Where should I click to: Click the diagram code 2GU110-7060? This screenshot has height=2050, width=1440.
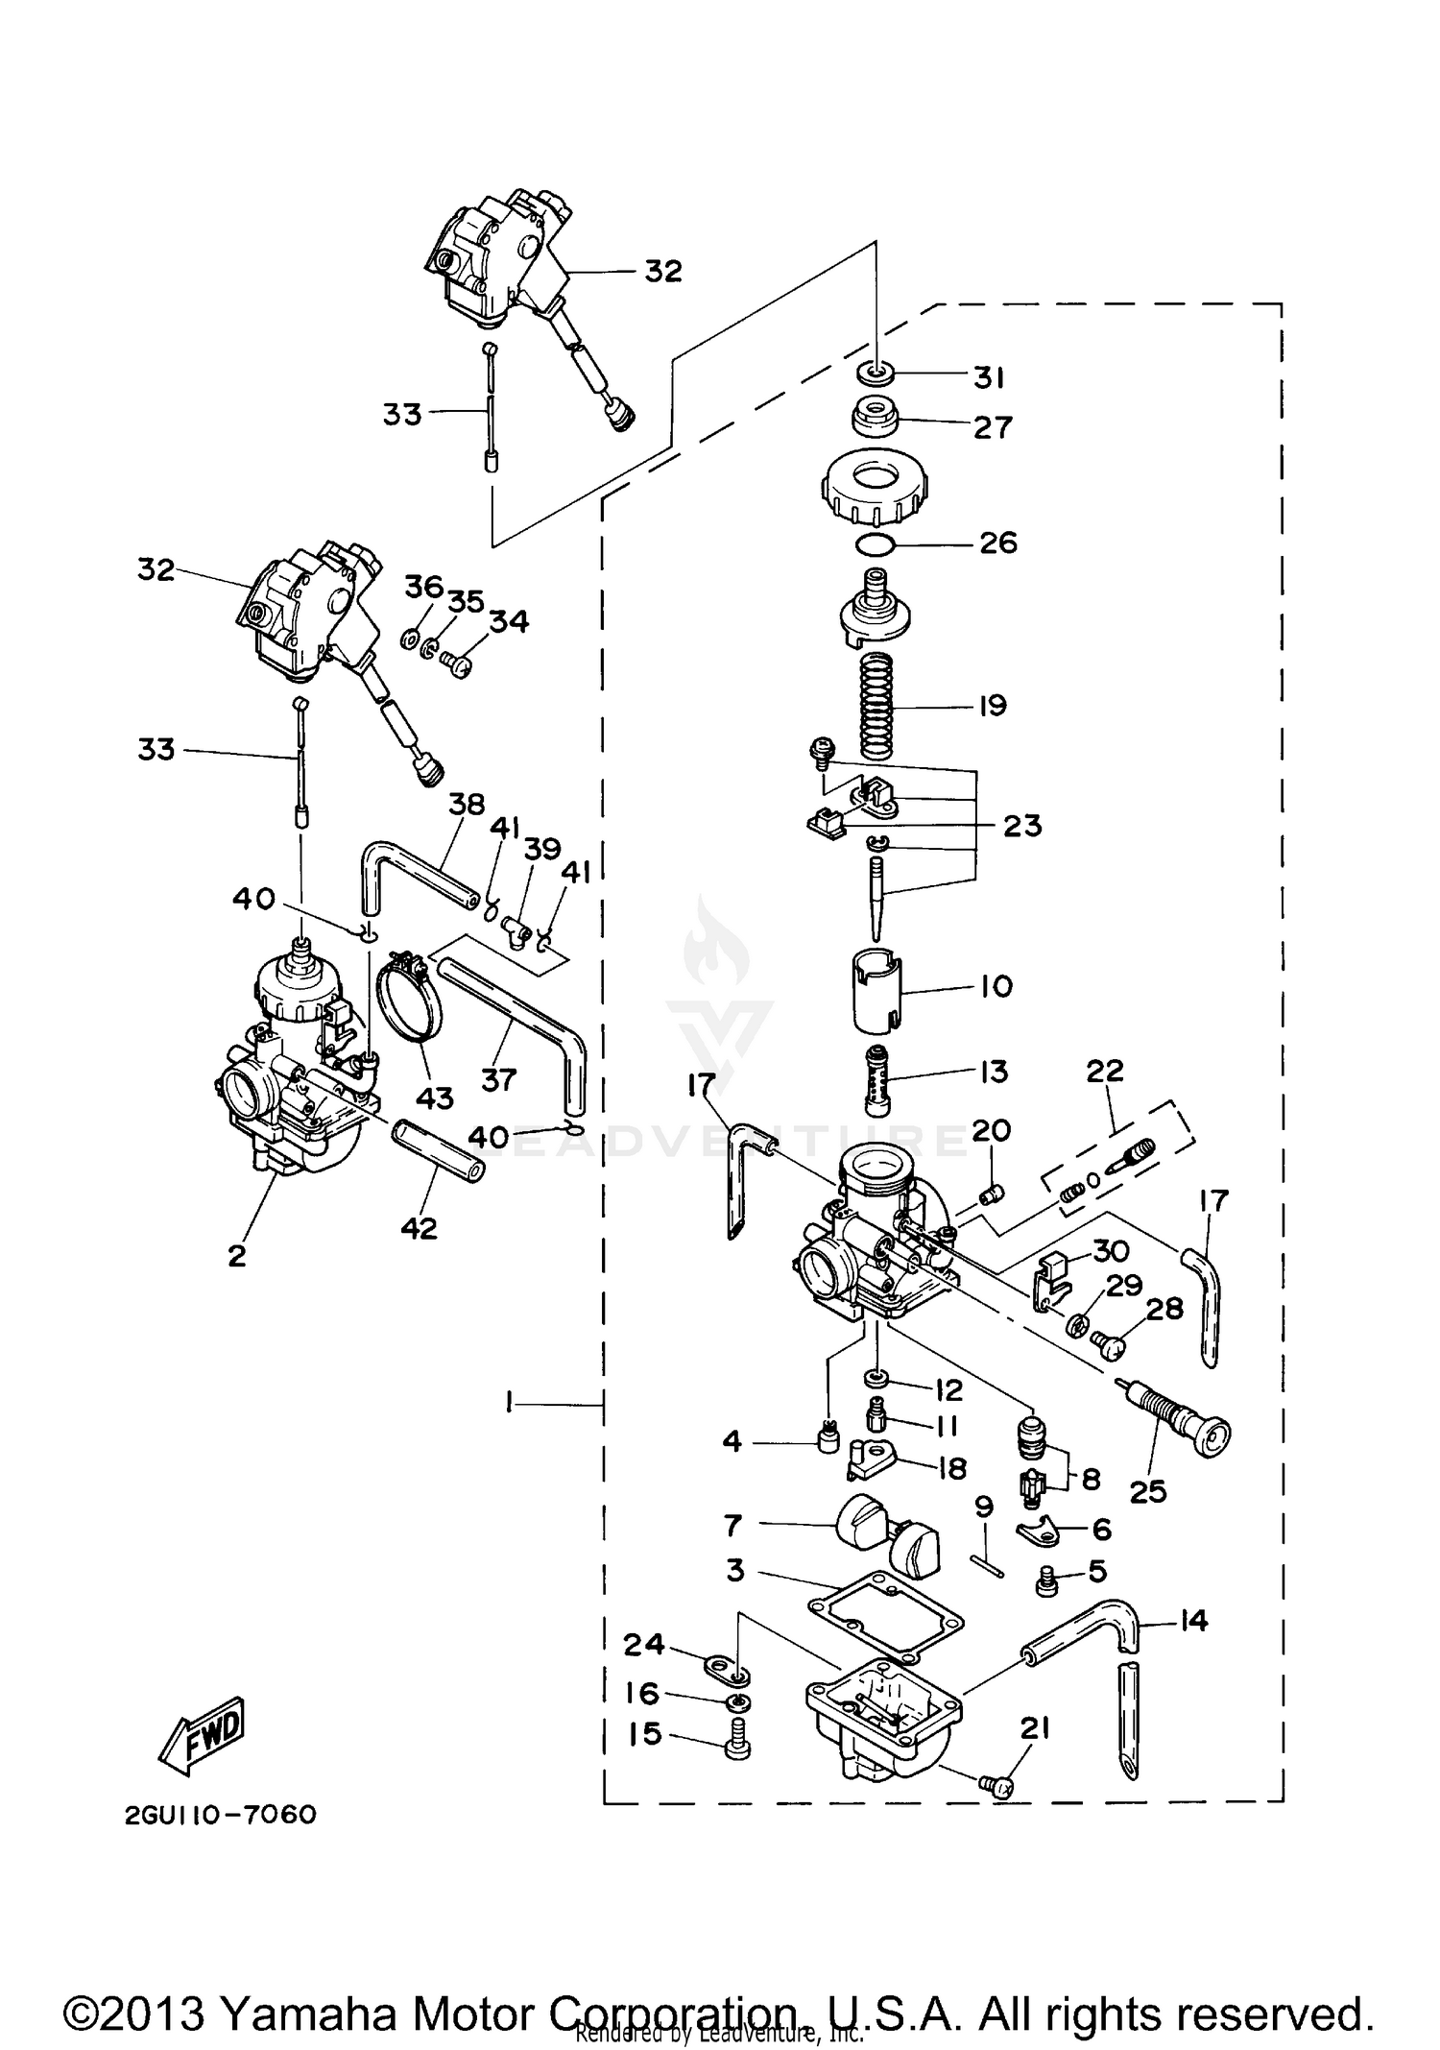tap(220, 1815)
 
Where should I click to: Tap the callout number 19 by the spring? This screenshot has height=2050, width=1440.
tap(992, 706)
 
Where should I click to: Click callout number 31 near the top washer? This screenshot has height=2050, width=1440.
tap(989, 378)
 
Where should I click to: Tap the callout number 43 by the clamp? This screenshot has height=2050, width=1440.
tap(434, 1097)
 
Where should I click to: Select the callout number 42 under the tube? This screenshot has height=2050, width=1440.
tap(419, 1228)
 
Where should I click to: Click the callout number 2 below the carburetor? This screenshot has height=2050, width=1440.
tap(237, 1255)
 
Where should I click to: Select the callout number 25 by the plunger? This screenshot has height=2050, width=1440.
tap(1148, 1491)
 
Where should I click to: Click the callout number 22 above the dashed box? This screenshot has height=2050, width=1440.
tap(1104, 1071)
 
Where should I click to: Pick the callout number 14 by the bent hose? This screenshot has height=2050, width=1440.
tap(1192, 1622)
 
